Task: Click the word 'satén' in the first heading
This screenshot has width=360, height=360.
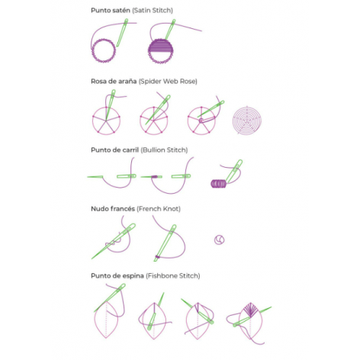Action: (120, 11)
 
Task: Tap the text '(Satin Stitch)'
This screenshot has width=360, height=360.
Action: (153, 11)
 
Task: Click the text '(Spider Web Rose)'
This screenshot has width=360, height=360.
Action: (168, 82)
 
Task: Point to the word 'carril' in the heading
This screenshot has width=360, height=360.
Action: (130, 150)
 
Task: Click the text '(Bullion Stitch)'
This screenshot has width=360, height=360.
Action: (164, 150)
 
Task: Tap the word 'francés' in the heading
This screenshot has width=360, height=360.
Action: (124, 209)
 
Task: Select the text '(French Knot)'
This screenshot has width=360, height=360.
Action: (159, 209)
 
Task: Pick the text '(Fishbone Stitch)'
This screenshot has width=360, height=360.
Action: (173, 276)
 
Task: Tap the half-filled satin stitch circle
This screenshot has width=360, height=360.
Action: (161, 51)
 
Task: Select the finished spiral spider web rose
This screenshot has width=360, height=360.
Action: (247, 121)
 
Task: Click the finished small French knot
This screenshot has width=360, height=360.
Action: (219, 239)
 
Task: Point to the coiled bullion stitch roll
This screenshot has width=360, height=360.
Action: (218, 184)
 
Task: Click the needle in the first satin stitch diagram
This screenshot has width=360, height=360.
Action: (122, 33)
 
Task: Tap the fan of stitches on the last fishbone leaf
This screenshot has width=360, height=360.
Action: (250, 310)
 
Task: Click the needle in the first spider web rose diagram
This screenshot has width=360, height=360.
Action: (110, 104)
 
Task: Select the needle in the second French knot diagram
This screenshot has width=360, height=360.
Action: (165, 243)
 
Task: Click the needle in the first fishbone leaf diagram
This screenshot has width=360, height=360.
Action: (110, 298)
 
